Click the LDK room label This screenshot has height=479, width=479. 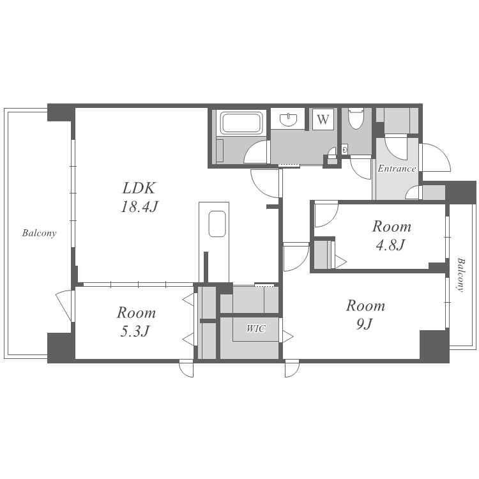coord(139,188)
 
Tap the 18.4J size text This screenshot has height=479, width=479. coord(139,207)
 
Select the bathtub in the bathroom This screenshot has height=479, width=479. coord(241,123)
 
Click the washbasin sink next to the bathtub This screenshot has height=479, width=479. coord(288,119)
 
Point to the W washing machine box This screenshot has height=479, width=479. coord(323,119)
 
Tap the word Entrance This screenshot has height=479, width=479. coord(397,169)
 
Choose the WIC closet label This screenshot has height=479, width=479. coord(256,329)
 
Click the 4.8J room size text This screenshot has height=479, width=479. coord(390,245)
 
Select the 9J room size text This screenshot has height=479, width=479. coord(365,324)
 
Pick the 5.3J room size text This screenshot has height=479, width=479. coord(135,331)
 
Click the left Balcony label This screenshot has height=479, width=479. coord(39,233)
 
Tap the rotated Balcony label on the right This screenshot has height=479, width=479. coord(460,275)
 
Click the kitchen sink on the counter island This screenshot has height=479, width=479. coord(217,224)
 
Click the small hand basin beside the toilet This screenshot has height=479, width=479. coord(345,149)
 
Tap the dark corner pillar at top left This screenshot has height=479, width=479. coord(61,113)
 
